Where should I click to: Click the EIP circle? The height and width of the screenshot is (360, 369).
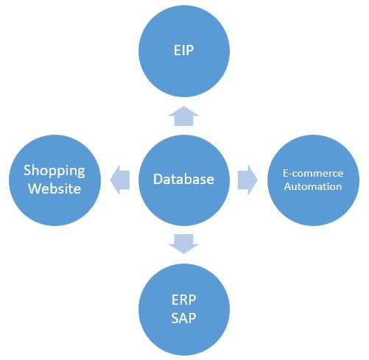[x=184, y=51]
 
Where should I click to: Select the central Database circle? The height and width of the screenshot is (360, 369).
[x=184, y=180]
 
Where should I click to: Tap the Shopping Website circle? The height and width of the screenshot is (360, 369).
[x=55, y=180]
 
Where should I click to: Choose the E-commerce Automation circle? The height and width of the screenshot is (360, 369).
[x=313, y=180]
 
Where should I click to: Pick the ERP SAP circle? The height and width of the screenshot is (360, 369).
[x=184, y=309]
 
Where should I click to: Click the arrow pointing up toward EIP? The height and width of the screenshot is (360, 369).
[x=183, y=116]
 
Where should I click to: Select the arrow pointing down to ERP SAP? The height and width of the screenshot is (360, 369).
[x=183, y=244]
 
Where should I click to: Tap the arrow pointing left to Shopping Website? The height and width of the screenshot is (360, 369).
[x=119, y=180]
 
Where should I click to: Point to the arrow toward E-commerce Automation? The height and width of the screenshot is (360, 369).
[x=247, y=180]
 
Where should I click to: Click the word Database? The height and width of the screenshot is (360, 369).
[x=183, y=179]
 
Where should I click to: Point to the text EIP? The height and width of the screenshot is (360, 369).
[x=183, y=50]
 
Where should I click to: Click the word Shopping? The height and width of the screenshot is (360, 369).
[x=55, y=171]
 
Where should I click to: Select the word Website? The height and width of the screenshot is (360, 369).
[x=55, y=188]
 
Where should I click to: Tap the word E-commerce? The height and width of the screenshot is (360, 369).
[x=313, y=173]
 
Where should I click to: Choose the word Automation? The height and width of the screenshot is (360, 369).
[x=313, y=186]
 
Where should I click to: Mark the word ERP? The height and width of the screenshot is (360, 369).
[x=183, y=300]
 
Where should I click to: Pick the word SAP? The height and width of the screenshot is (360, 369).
[x=183, y=318]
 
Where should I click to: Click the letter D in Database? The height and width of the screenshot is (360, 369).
[x=158, y=179]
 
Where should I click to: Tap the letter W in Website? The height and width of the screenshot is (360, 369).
[x=35, y=188]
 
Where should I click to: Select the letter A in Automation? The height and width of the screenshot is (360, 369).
[x=288, y=187]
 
